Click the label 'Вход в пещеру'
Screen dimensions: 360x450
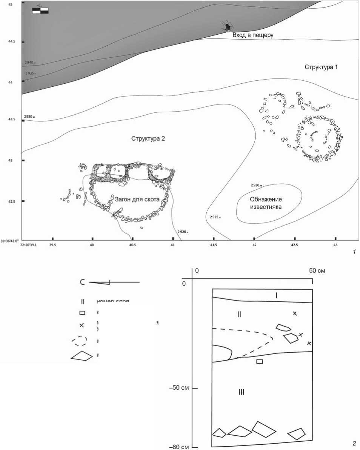(x=252, y=35)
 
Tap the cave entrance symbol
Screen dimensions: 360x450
(x=228, y=27)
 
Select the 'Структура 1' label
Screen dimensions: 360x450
(x=321, y=67)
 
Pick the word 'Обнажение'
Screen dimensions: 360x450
(x=266, y=199)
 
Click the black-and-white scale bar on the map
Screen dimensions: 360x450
(x=40, y=11)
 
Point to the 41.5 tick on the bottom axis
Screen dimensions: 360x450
(x=214, y=239)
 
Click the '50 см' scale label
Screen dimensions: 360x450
(x=317, y=270)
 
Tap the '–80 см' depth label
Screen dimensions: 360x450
(x=179, y=447)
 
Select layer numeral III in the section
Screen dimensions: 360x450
(x=242, y=392)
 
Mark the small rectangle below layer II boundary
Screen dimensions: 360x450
(x=259, y=362)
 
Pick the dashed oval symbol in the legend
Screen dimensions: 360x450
(x=80, y=341)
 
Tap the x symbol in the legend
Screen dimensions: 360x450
(x=82, y=325)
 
